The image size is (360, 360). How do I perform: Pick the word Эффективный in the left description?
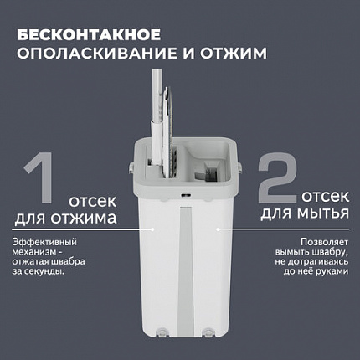point(41,242)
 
